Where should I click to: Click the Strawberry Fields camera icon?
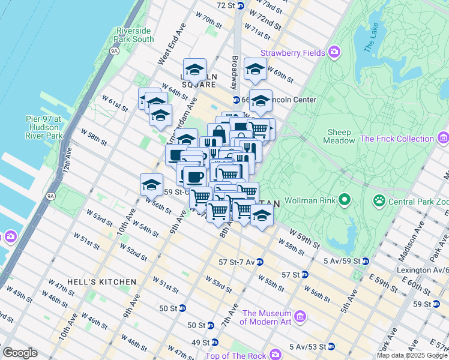click(x=335, y=53)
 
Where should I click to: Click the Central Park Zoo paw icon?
click(x=379, y=199)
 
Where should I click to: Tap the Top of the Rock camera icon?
click(x=275, y=355)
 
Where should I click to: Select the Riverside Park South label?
click(x=135, y=35)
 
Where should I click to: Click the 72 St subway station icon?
click(x=240, y=5)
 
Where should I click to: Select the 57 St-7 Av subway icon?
click(x=259, y=262)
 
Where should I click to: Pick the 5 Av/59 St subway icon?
click(x=366, y=261)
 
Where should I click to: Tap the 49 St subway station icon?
click(x=214, y=343)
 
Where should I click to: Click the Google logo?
click(x=20, y=353)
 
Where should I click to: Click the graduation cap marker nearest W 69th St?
click(x=255, y=70)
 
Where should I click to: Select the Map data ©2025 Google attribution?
click(x=412, y=355)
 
